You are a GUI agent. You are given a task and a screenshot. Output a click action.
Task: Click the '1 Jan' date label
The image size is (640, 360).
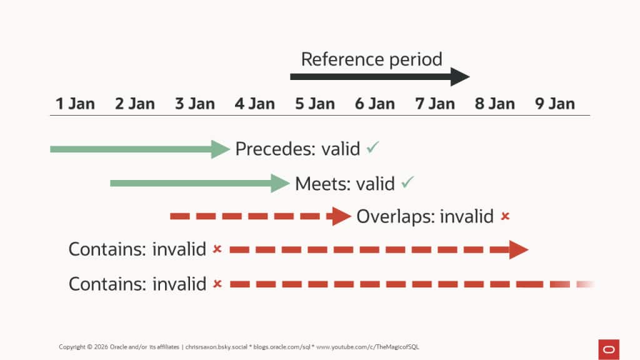click(x=75, y=103)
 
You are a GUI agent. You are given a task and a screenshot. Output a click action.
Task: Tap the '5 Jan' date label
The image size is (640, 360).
click(x=315, y=103)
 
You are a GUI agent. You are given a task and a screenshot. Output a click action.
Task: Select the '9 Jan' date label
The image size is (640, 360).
click(x=555, y=103)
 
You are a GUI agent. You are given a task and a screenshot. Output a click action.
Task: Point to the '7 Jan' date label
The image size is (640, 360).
click(x=435, y=103)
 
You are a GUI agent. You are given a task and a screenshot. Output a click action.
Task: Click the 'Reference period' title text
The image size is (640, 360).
click(x=371, y=59)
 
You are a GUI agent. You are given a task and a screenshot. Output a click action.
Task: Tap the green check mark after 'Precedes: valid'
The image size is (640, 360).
click(x=373, y=148)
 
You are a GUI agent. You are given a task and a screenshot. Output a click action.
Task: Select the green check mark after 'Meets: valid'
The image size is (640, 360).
click(x=408, y=182)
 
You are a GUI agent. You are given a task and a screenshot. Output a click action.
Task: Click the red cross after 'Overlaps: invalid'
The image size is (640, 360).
click(x=505, y=216)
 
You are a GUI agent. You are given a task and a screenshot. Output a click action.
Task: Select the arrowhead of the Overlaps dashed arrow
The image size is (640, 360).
click(x=342, y=216)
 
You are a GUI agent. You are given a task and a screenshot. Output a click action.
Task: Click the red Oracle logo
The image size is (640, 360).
click(x=608, y=349)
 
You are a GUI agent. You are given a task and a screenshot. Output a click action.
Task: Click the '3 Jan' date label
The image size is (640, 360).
click(x=195, y=103)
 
